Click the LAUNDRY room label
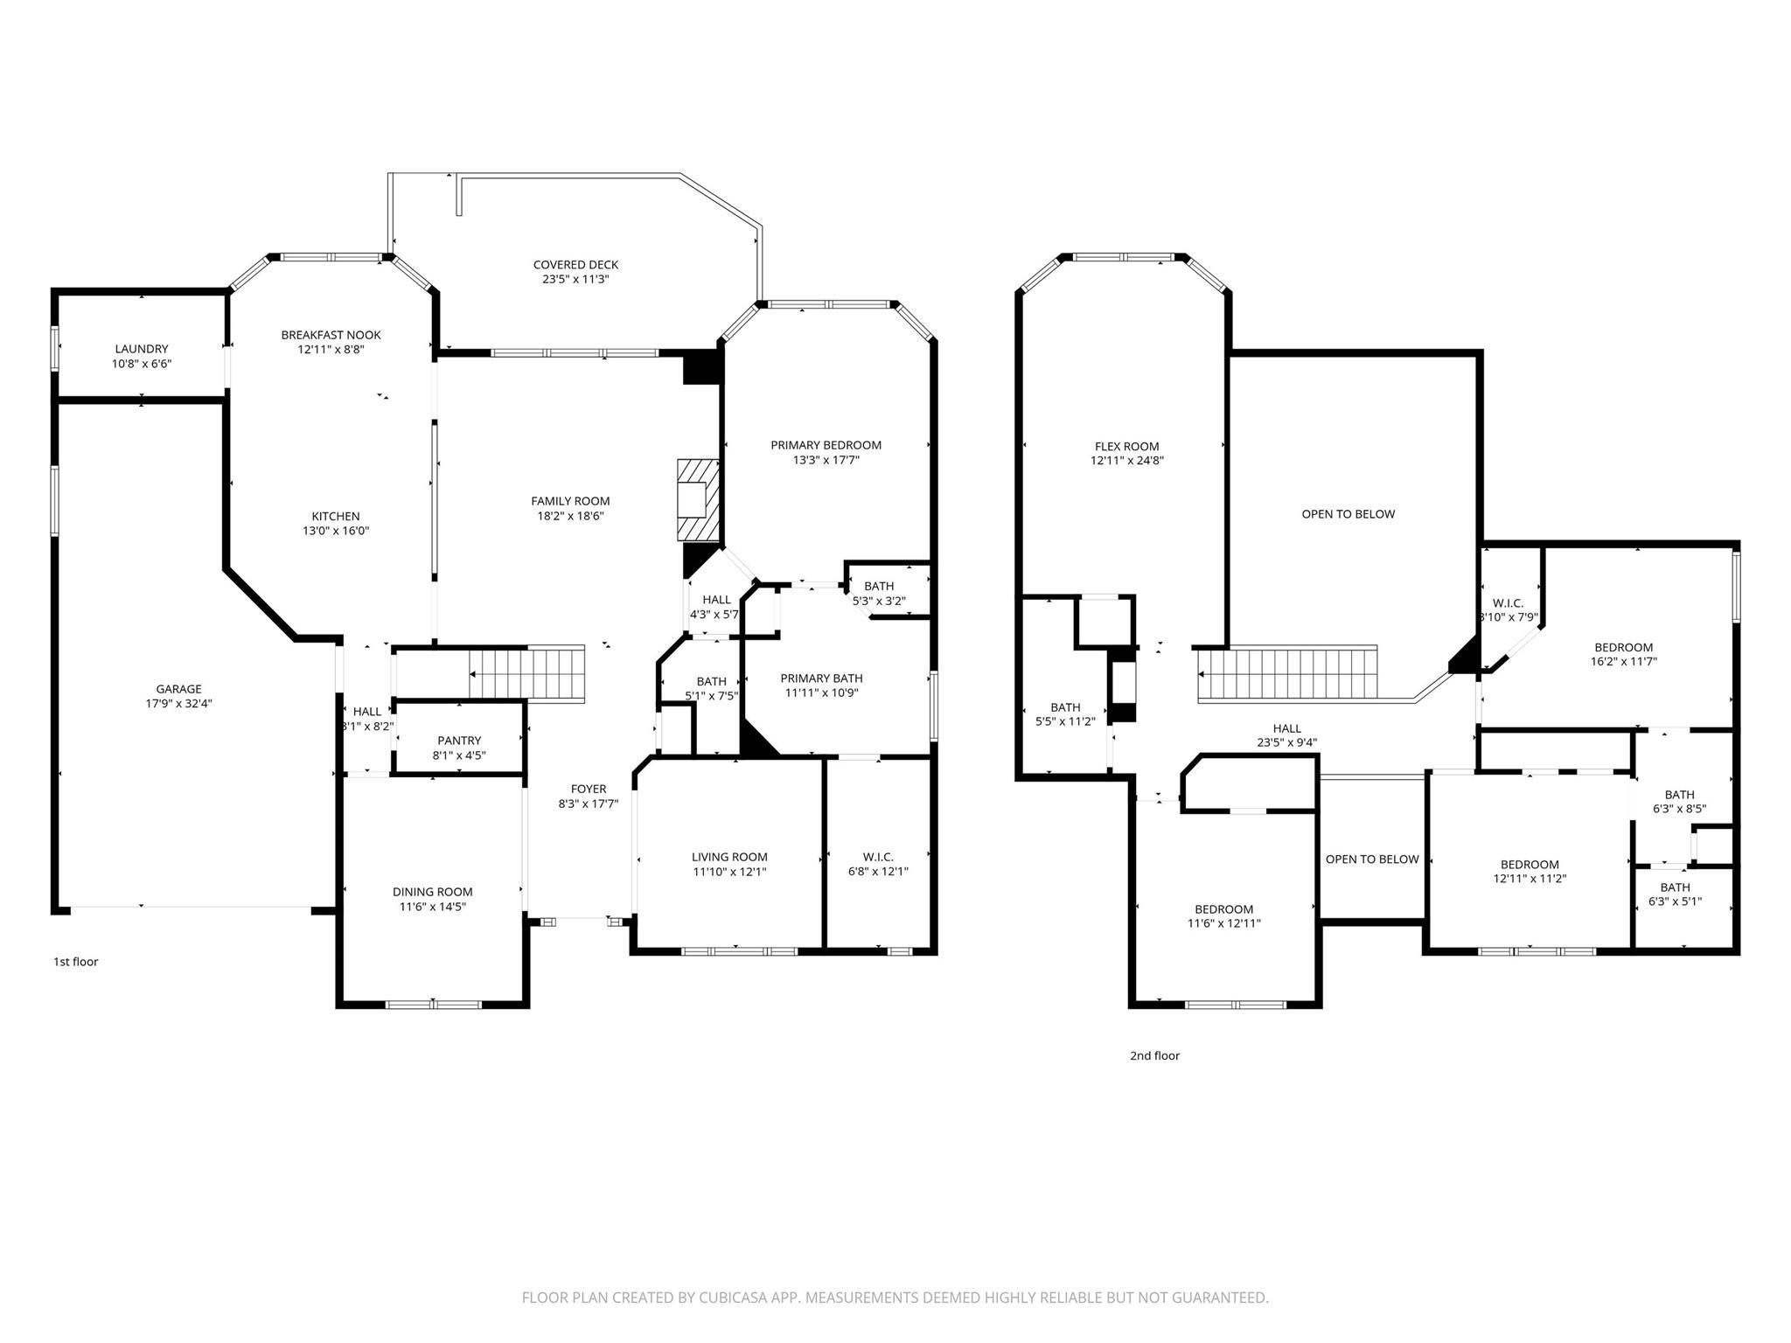tap(141, 349)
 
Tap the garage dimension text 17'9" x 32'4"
tap(178, 703)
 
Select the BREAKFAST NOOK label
tap(331, 335)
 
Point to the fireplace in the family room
tap(697, 500)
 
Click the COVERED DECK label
tap(575, 265)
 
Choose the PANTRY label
tap(459, 741)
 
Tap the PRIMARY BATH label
tap(821, 678)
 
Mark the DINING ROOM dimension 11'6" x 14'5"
tap(432, 907)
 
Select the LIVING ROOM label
tap(729, 857)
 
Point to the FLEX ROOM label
tap(1126, 446)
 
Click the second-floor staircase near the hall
tap(1286, 673)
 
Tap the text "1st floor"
tap(76, 962)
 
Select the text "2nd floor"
tap(1154, 1055)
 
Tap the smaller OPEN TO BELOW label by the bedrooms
tap(1371, 859)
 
